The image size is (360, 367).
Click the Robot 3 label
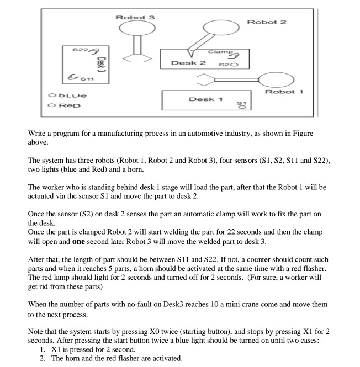(x=135, y=17)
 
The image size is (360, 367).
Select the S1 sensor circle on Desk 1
(x=240, y=108)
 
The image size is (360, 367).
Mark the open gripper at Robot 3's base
(x=135, y=57)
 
